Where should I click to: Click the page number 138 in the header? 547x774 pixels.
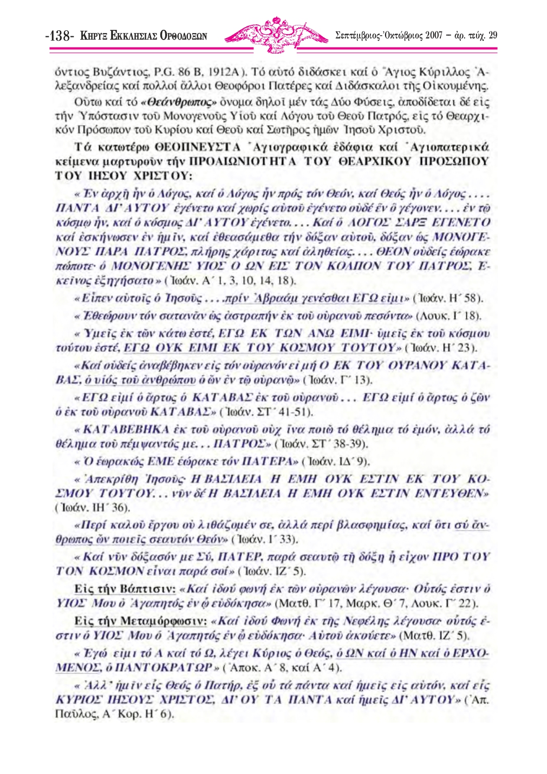coord(60,36)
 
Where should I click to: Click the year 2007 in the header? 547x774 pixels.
coord(434,36)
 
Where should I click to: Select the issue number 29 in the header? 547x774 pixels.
coord(492,36)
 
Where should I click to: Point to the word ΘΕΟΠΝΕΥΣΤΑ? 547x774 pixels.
coord(198,147)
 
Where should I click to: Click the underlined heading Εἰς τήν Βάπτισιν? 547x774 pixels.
coord(125,589)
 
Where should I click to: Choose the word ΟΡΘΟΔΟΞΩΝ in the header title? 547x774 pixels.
coord(184,36)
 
